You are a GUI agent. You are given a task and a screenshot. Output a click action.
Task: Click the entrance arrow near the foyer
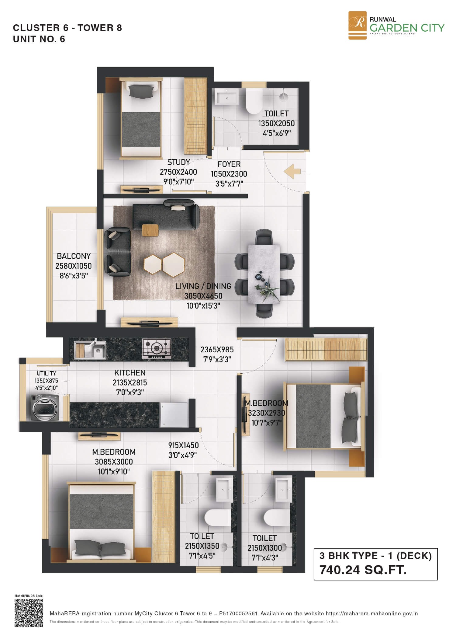point(292,172)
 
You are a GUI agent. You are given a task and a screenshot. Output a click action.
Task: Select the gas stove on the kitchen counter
point(157,348)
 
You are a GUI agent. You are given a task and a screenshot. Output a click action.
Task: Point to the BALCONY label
point(74,256)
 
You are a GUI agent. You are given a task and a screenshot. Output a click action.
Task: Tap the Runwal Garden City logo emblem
point(357,25)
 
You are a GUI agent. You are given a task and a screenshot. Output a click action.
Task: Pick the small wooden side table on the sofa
point(150,230)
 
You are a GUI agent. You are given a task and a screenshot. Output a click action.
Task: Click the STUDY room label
point(179,162)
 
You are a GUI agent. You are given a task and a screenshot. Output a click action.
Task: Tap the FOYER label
point(229,164)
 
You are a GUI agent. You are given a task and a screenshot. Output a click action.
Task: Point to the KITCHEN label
point(130,373)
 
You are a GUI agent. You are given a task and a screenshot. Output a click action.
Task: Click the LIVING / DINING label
point(203,286)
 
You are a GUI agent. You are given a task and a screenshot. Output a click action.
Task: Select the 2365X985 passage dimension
point(217,350)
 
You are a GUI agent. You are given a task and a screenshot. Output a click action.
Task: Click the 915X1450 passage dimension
point(183,445)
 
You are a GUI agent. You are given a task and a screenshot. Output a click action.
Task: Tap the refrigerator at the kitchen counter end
point(174,415)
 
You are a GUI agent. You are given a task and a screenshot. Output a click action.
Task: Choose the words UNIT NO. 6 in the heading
point(39,39)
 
